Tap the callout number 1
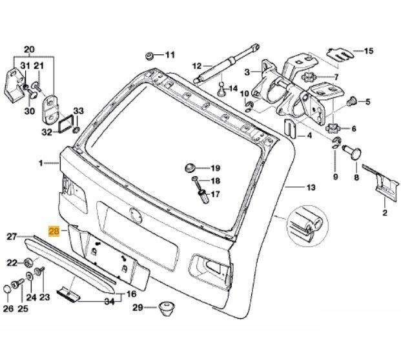(x=41, y=164)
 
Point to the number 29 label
(x=136, y=308)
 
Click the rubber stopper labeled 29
(x=167, y=308)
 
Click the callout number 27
(x=12, y=237)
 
